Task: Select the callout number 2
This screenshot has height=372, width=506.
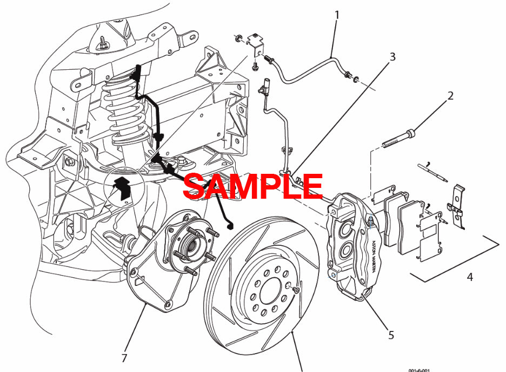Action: point(450,96)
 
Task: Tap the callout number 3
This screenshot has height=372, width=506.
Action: point(392,56)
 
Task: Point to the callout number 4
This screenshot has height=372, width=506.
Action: point(470,277)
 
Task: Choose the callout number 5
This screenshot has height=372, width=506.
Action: point(391,335)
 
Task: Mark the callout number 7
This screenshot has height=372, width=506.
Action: point(124,358)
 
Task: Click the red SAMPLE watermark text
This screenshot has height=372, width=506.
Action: point(252,186)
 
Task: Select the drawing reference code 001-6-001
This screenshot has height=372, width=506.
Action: point(419,369)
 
